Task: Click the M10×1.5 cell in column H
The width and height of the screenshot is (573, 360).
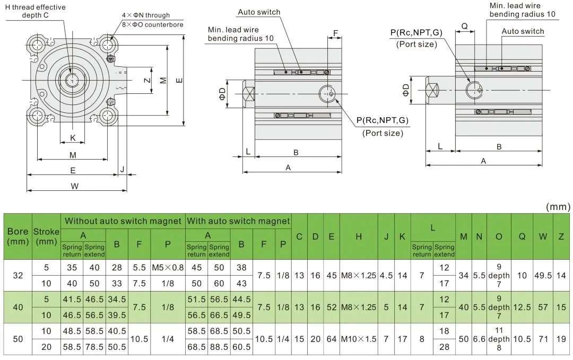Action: click(x=359, y=339)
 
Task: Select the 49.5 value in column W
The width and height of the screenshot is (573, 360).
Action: click(x=543, y=276)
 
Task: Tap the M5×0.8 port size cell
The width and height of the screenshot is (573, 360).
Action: click(x=168, y=268)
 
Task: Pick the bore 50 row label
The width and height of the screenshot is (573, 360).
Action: click(x=18, y=339)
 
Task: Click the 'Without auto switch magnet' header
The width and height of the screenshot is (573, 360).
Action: click(x=123, y=221)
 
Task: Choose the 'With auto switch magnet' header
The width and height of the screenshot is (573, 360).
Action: click(x=238, y=221)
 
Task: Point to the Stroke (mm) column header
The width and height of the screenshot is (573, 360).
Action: click(x=46, y=236)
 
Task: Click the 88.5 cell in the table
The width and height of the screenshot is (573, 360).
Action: click(x=219, y=347)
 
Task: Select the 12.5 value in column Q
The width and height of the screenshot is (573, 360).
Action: click(x=522, y=308)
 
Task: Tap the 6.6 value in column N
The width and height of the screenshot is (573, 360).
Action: click(x=479, y=339)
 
